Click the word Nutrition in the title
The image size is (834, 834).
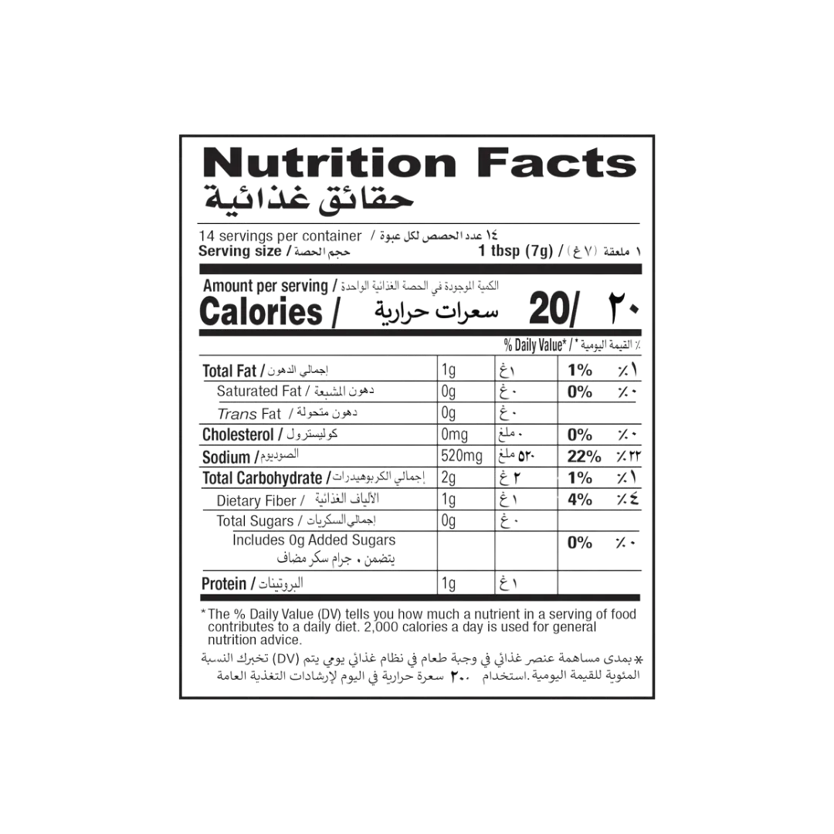click(330, 163)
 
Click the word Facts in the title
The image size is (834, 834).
click(557, 163)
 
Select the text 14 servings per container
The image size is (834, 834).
click(280, 236)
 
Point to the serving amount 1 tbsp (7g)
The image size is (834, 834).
click(515, 250)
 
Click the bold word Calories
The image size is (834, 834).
click(261, 312)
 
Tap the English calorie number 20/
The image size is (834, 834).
click(554, 308)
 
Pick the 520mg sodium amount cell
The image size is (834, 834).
click(462, 456)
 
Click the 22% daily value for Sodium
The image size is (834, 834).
click(584, 456)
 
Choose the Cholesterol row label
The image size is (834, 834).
click(238, 435)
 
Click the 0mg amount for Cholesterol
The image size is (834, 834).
click(454, 435)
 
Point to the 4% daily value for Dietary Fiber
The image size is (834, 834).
click(580, 500)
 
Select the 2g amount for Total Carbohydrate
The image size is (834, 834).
click(449, 478)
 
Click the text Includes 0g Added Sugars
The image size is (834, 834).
click(314, 541)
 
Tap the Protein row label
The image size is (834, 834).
click(224, 584)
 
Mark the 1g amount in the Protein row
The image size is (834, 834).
click(449, 584)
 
